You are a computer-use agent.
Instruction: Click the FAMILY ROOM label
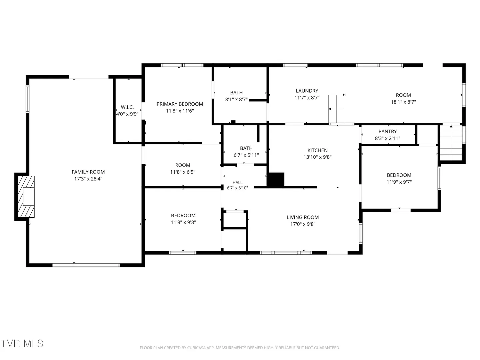coord(88,172)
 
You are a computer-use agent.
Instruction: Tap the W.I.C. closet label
coord(127,107)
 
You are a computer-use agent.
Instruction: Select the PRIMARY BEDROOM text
coord(180,104)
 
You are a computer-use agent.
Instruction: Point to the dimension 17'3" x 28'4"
coord(88,179)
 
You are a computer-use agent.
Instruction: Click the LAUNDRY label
coord(307,91)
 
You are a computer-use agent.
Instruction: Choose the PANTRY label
coord(387,131)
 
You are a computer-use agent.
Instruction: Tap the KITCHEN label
coord(318,150)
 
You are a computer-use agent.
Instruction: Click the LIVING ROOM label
coord(303,217)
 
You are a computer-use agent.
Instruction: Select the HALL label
coord(237,182)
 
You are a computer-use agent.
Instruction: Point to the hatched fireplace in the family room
coord(26,197)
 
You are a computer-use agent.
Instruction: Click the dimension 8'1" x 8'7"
coord(236,99)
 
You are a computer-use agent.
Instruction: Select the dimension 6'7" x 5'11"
coord(246,155)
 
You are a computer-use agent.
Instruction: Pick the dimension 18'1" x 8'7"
coord(403,102)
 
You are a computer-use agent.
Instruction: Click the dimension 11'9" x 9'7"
coord(399,182)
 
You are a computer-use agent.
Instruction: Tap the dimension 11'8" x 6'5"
coord(183,172)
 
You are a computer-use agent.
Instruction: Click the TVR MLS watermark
coord(22,343)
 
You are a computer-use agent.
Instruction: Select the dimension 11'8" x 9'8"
coord(183,222)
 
